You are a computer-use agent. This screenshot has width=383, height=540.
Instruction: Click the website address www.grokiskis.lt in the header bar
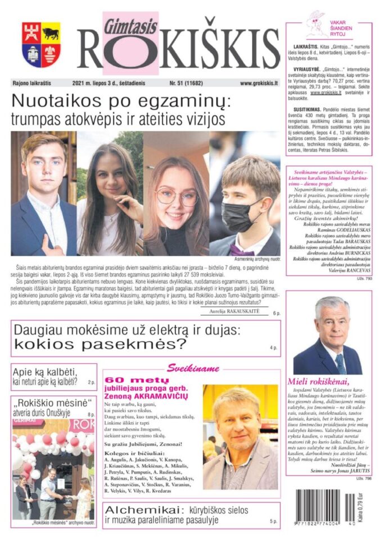[x=259, y=83]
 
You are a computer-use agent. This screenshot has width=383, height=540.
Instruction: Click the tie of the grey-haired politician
[x=339, y=364]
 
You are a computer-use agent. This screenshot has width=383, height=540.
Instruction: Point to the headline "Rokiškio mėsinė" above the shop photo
[x=53, y=403]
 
